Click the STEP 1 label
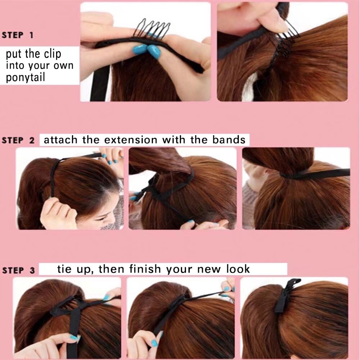18,35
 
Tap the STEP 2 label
18,140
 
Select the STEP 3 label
18,270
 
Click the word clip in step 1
52,54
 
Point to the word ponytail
26,78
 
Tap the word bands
229,140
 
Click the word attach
61,140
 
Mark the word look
238,269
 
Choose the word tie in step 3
64,269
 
